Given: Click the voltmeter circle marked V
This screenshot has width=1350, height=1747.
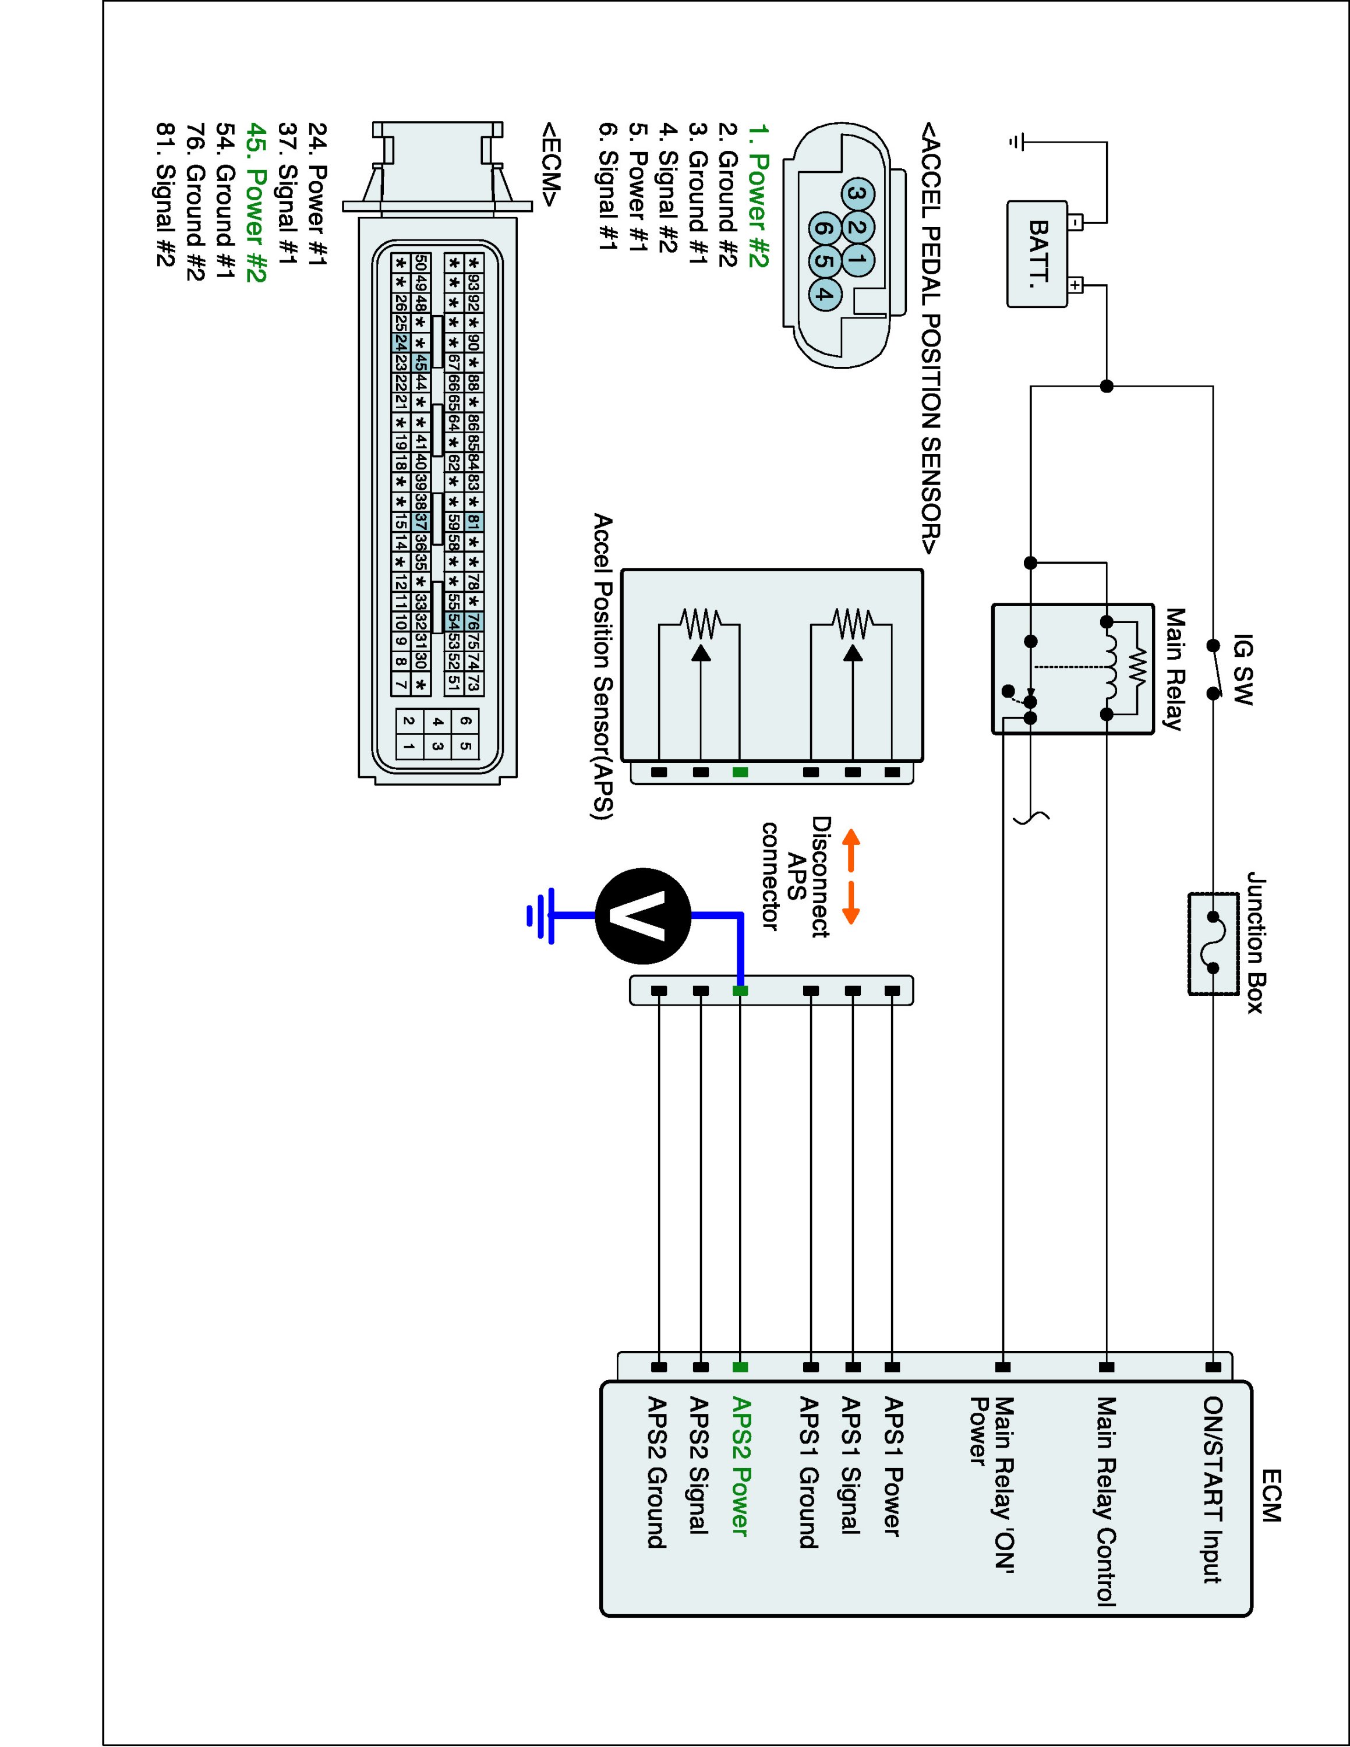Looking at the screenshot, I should [642, 917].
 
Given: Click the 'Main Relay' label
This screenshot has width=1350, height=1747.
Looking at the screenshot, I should [1174, 669].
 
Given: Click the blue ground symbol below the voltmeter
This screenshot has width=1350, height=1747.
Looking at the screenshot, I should [540, 915].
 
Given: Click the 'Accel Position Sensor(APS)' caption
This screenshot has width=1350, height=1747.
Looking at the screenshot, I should [602, 667].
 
